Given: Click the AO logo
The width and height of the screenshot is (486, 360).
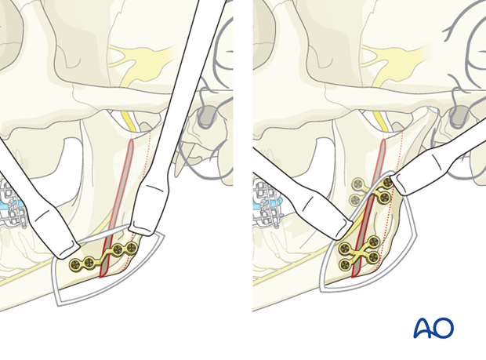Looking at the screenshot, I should pyautogui.click(x=433, y=328).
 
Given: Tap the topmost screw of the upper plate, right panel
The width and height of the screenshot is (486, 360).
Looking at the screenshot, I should pyautogui.click(x=387, y=182).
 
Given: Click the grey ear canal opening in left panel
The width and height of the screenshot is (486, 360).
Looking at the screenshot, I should pyautogui.click(x=207, y=116).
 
